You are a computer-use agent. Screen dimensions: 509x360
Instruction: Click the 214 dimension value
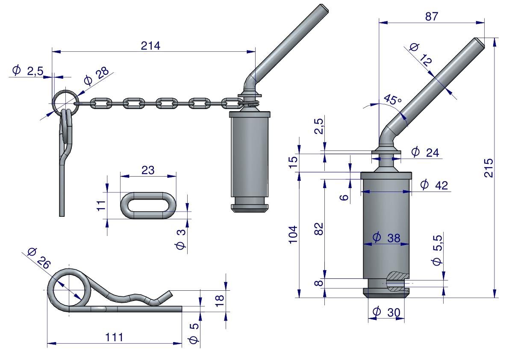[150, 46]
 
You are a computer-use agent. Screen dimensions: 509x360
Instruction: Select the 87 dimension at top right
[431, 16]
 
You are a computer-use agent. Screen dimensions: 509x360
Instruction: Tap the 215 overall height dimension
[489, 168]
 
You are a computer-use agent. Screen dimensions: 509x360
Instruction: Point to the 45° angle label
[392, 99]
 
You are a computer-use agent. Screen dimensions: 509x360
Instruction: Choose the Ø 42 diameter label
[434, 185]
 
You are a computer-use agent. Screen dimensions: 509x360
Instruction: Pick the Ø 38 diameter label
[386, 238]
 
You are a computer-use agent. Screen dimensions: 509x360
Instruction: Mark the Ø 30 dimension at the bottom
[386, 312]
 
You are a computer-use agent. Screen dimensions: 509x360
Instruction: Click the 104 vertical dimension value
[293, 234]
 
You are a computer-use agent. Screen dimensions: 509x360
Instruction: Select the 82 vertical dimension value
[319, 229]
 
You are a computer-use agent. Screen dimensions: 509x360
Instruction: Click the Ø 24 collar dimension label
[425, 152]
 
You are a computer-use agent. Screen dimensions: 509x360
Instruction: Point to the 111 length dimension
[114, 337]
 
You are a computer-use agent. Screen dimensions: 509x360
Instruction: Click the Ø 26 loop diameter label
[39, 258]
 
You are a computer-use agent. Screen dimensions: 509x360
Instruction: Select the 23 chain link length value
[148, 170]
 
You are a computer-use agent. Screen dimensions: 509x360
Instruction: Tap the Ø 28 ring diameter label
[96, 76]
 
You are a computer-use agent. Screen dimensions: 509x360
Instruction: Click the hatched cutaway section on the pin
[397, 281]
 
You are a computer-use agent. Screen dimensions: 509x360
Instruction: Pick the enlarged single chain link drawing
[148, 205]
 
